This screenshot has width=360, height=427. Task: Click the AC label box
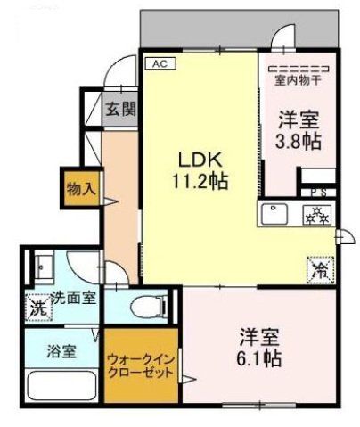(x=160, y=64)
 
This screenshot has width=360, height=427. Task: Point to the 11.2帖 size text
(x=200, y=181)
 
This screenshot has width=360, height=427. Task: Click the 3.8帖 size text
(x=299, y=140)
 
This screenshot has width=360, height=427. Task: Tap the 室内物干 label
(x=297, y=79)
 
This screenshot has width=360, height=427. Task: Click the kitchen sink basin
(x=272, y=213)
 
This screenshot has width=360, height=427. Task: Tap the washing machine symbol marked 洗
(x=37, y=308)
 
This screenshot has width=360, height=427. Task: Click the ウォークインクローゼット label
(x=141, y=365)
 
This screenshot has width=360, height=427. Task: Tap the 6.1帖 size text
(x=260, y=358)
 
